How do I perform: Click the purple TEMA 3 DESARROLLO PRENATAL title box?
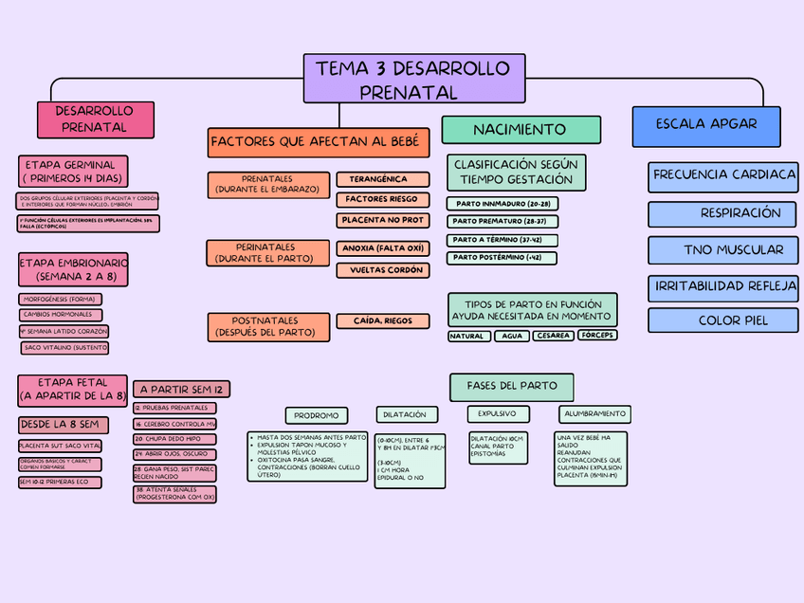(x=414, y=79)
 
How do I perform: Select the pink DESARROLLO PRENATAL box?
(x=95, y=119)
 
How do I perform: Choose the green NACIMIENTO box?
(x=521, y=130)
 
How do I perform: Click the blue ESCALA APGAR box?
(x=706, y=125)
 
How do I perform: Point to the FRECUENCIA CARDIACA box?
(x=723, y=175)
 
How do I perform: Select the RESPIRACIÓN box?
(x=723, y=213)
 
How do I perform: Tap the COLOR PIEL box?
(x=723, y=320)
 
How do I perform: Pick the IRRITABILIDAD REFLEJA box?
(x=723, y=286)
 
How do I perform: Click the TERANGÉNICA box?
(x=382, y=179)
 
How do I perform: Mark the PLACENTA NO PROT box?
(x=382, y=220)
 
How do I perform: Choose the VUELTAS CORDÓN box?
(x=382, y=270)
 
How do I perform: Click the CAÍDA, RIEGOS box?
(x=382, y=321)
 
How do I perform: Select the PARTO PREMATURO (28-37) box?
(x=502, y=221)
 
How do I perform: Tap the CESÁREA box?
(x=552, y=336)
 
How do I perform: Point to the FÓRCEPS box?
(x=597, y=336)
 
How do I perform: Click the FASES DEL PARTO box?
(x=512, y=386)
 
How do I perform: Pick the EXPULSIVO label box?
(x=497, y=414)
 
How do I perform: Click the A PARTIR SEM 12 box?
(x=181, y=389)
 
